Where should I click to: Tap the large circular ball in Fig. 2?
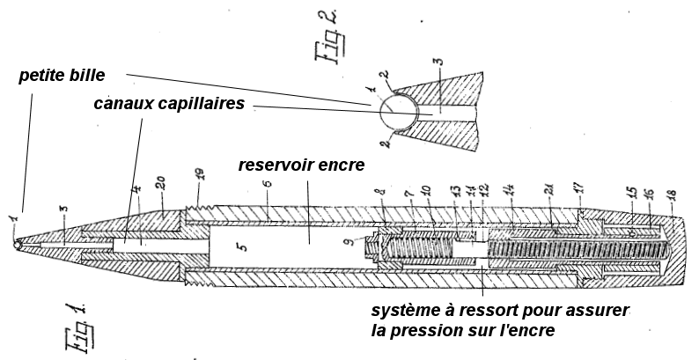[395, 113]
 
